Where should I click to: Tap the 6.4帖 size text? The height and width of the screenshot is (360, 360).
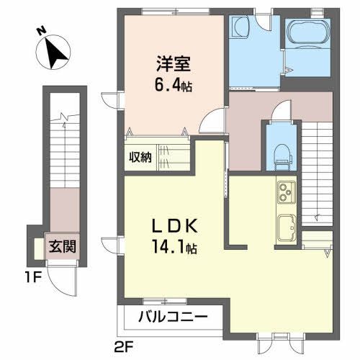pyautogui.click(x=171, y=84)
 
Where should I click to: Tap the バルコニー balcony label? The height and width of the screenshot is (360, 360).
pyautogui.click(x=173, y=316)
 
